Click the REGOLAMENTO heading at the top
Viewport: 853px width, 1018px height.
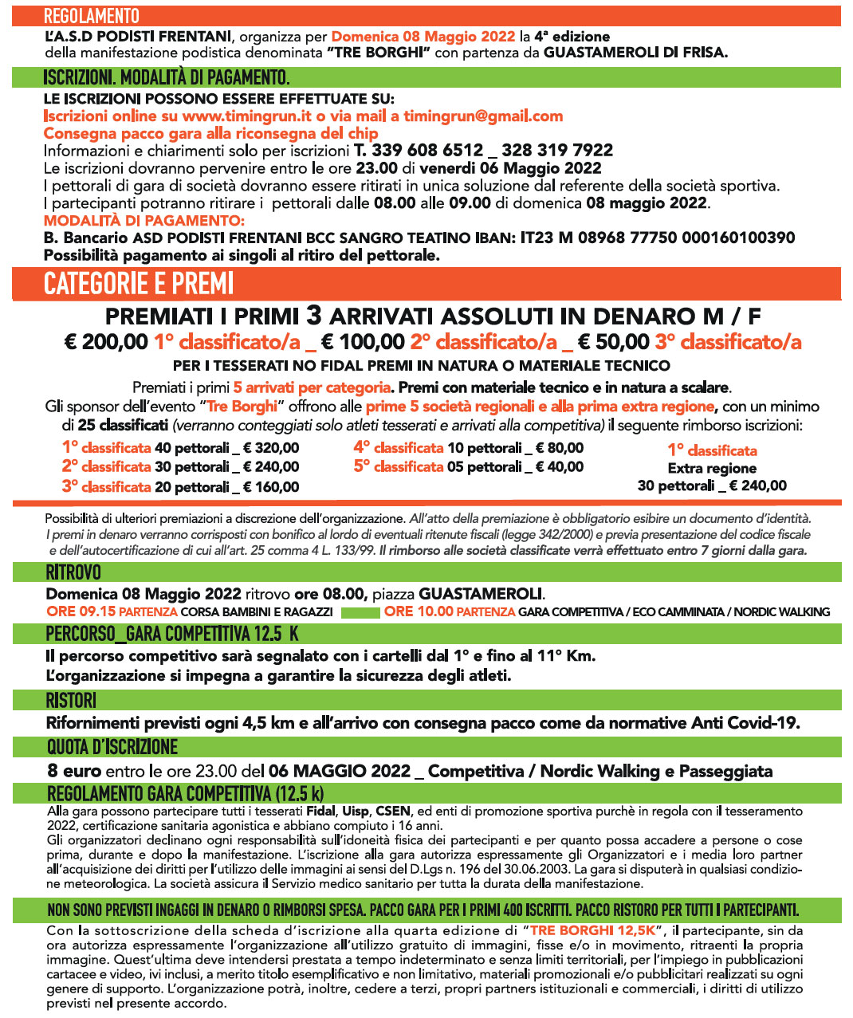click(91, 16)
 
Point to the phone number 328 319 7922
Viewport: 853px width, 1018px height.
click(557, 151)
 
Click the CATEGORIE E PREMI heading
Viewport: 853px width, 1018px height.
click(139, 284)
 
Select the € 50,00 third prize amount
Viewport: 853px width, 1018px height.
click(613, 342)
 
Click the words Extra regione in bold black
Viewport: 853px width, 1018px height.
click(712, 468)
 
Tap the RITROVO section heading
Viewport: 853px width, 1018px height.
click(73, 572)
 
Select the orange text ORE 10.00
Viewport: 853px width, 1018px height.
click(419, 611)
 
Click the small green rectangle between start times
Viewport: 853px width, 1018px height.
click(360, 612)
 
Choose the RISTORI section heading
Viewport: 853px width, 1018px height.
click(71, 701)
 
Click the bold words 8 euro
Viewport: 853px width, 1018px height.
click(74, 771)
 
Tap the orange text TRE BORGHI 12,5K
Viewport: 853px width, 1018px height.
click(592, 930)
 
